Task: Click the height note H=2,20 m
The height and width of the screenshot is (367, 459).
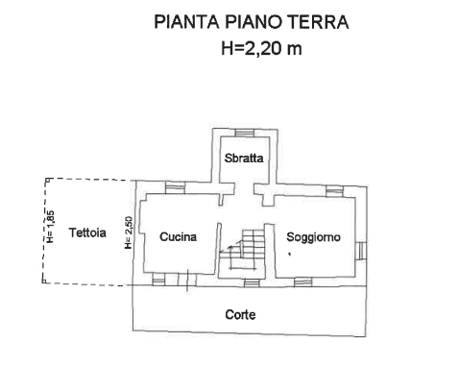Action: pos(261,47)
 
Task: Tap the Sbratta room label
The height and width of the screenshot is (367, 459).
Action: pos(244,158)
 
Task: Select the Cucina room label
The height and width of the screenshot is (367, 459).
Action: pos(179,236)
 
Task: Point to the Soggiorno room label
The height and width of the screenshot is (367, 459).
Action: pos(313,236)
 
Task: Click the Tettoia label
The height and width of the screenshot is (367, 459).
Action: pos(86,232)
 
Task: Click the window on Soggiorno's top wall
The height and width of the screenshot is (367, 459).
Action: pos(333,190)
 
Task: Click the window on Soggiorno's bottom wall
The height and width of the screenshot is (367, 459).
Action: pos(303,281)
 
